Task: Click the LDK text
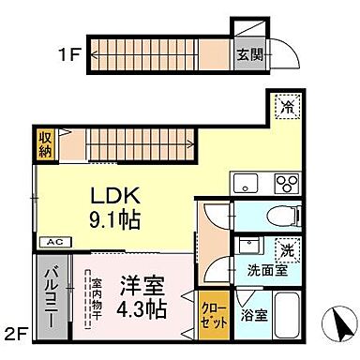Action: [x=116, y=198]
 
